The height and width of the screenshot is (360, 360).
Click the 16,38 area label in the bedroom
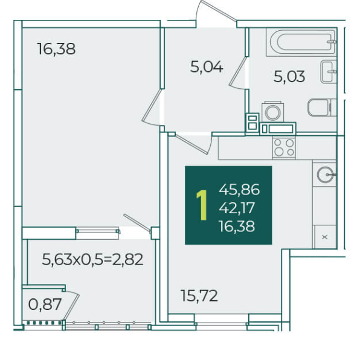click(x=56, y=49)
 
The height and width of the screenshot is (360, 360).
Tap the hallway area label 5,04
click(x=207, y=67)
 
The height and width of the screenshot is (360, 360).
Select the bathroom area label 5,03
click(x=289, y=77)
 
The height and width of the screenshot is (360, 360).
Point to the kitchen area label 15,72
click(x=199, y=296)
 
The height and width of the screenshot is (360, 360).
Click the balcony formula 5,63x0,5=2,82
click(x=92, y=260)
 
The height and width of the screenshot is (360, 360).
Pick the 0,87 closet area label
click(x=45, y=304)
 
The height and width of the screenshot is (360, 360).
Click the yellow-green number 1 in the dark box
click(x=202, y=205)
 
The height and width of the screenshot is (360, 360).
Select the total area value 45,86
click(x=239, y=190)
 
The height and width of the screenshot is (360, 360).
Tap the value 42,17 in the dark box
click(x=237, y=208)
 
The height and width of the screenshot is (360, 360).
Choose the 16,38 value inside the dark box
click(x=237, y=226)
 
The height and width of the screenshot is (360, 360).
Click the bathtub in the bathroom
click(x=301, y=42)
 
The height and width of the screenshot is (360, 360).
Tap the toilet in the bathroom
click(x=322, y=108)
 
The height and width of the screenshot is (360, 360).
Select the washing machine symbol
click(x=273, y=112)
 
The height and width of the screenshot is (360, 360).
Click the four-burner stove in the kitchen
click(x=284, y=147)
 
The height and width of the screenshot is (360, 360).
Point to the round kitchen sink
click(x=325, y=175)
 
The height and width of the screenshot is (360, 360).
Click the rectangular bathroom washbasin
click(x=329, y=72)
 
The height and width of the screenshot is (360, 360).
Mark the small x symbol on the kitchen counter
click(x=324, y=237)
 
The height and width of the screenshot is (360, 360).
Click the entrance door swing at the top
click(x=216, y=10)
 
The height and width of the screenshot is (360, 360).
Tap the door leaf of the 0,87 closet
click(x=71, y=307)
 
